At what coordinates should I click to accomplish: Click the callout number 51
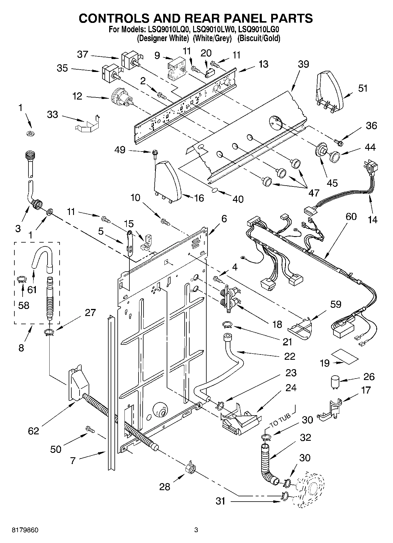pyautogui.click(x=363, y=88)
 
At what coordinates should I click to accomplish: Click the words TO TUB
pyautogui.click(x=280, y=420)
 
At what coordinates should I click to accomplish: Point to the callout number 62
pyautogui.click(x=33, y=431)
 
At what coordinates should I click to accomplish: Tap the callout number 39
pyautogui.click(x=303, y=64)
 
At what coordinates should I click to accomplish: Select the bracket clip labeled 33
pyautogui.click(x=87, y=124)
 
